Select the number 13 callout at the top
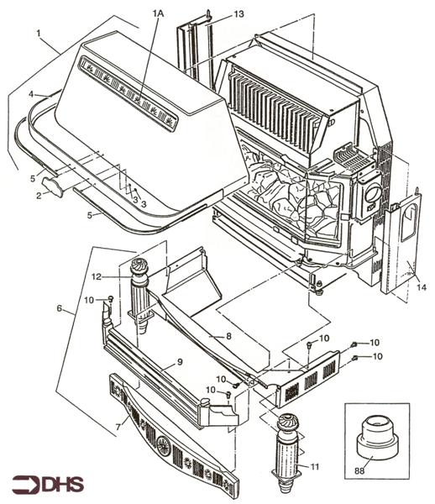point(239,14)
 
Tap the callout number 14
point(422,288)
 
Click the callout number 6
point(59,309)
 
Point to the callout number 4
point(31,94)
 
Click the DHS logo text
point(47,484)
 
